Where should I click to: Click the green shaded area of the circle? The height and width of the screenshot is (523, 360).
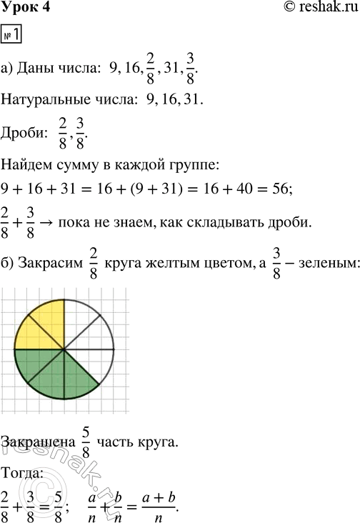61,372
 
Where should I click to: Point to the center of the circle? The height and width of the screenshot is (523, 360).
64,349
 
